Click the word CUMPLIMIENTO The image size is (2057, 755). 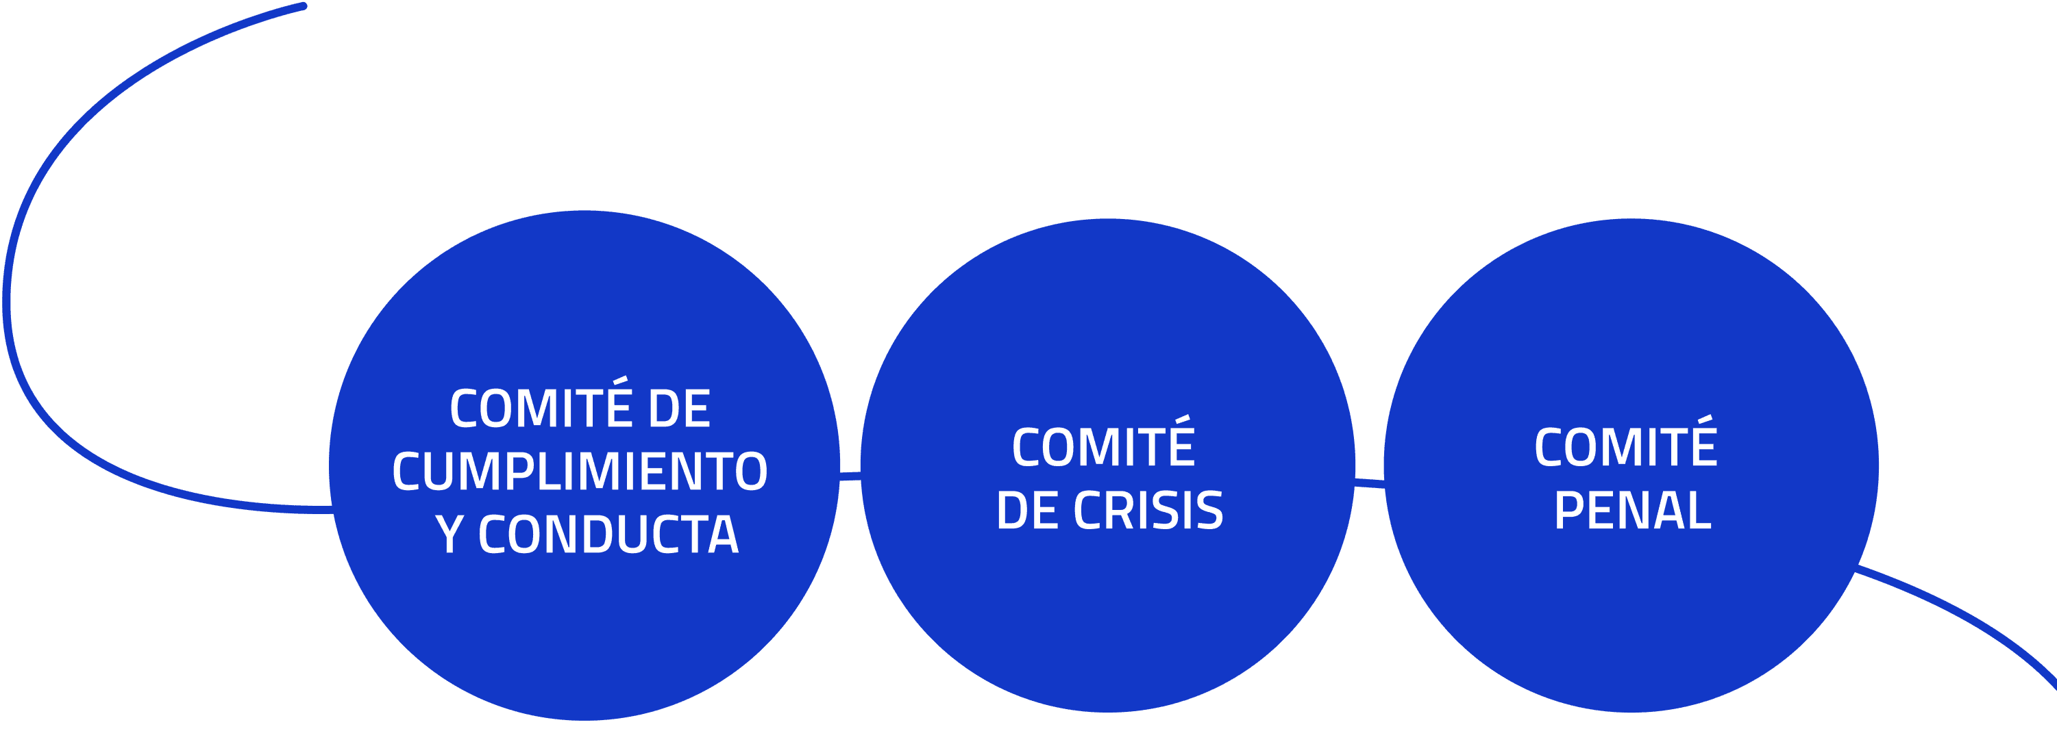pos(580,472)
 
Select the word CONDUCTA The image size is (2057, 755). pos(608,535)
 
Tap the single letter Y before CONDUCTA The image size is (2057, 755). pos(450,535)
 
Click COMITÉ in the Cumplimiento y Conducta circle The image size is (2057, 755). pos(541,408)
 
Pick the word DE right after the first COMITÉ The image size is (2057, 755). pos(679,408)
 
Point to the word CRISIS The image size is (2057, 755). pos(1148,511)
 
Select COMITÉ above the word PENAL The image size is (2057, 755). pos(1626,447)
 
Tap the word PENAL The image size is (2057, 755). pos(1633,511)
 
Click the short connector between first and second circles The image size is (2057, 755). pos(850,476)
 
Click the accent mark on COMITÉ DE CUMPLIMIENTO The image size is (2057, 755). pos(620,381)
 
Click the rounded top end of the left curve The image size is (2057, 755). pos(303,7)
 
